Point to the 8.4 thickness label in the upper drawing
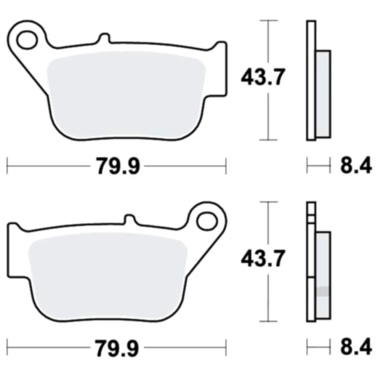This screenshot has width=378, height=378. (355, 166)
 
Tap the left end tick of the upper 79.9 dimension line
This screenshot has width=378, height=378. (7, 166)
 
